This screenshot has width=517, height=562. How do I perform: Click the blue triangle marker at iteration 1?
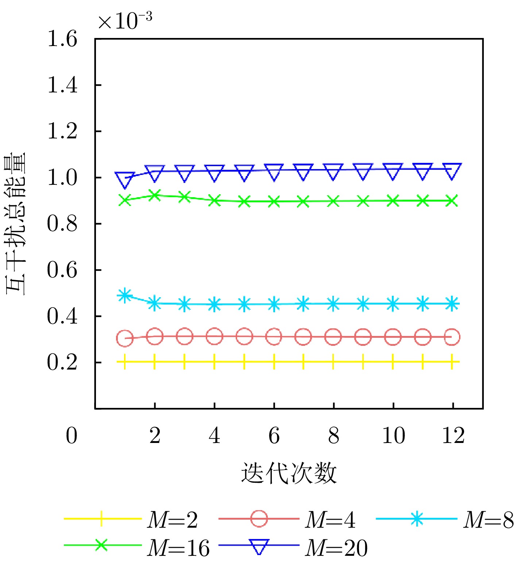125,179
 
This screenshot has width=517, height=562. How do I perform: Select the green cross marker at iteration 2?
155,195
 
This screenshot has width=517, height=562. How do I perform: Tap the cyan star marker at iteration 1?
125,295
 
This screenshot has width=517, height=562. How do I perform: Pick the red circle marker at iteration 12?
452,337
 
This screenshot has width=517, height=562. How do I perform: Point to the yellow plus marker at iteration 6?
274,362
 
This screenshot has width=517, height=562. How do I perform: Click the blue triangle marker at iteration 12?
452,171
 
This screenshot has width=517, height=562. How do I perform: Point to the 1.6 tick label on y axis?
62,39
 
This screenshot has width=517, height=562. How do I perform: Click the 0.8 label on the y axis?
62,224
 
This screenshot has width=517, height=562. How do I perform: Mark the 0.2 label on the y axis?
62,363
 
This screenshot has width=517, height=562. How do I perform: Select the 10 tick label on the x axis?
393,436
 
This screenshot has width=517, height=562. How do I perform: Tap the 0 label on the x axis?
72,436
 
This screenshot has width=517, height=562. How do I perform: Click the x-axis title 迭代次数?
289,473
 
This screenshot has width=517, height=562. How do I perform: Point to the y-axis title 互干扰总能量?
16,223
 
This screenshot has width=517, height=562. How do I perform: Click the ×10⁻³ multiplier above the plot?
125,21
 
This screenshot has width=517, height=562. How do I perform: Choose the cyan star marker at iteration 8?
333,303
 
